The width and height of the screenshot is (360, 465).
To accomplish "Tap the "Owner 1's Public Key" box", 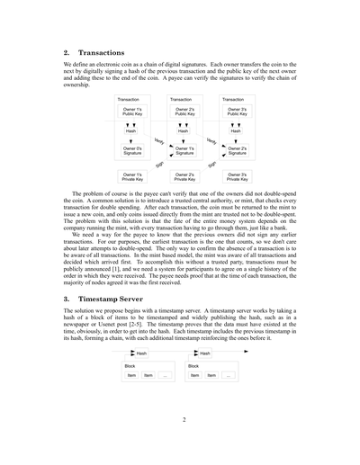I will (x=132, y=112).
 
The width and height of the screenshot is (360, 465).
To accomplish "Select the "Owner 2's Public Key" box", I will (x=184, y=112).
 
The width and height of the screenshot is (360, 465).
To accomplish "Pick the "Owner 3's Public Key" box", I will (x=237, y=112).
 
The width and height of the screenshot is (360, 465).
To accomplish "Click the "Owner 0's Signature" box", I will (x=132, y=150).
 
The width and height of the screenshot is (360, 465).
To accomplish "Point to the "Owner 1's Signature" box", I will (x=184, y=150).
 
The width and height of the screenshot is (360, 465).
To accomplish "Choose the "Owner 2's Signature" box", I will (x=237, y=150).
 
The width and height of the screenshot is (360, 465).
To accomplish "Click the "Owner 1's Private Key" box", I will (x=132, y=176).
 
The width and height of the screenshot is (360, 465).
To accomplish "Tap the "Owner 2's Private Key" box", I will (x=184, y=176).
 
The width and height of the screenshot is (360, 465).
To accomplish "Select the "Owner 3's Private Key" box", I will (x=237, y=176).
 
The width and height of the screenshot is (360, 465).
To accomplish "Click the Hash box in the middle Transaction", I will (x=184, y=130).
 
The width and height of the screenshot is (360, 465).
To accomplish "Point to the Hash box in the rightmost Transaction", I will (x=236, y=130).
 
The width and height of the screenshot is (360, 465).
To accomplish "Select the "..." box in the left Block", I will (x=166, y=375).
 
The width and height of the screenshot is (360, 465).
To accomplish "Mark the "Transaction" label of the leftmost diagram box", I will (x=129, y=99).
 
